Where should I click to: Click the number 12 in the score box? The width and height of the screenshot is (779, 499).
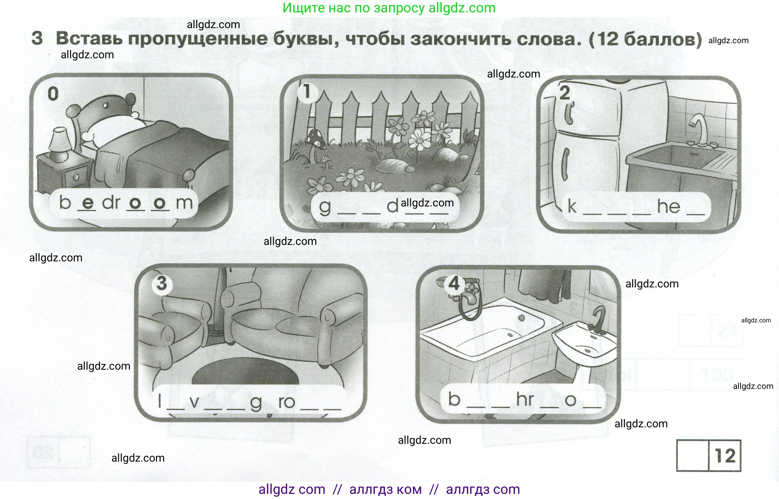click(x=725, y=456)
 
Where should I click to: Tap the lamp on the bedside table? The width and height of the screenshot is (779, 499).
click(x=60, y=144)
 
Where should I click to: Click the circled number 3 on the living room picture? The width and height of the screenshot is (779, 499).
click(x=161, y=284)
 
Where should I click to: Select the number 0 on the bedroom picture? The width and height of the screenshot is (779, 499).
click(x=53, y=94)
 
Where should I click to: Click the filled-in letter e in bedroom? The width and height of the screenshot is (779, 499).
click(x=88, y=203)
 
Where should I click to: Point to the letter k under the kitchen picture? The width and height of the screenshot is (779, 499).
click(x=572, y=206)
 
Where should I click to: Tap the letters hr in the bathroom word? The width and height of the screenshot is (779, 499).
click(x=525, y=400)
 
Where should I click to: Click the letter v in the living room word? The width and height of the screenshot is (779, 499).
click(x=194, y=402)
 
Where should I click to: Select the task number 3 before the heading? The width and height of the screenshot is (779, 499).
click(x=37, y=38)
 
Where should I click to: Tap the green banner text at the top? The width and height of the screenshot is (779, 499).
click(x=389, y=8)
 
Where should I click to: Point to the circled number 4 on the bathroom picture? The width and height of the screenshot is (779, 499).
click(x=454, y=284)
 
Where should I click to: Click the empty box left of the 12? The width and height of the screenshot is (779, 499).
click(x=692, y=456)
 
